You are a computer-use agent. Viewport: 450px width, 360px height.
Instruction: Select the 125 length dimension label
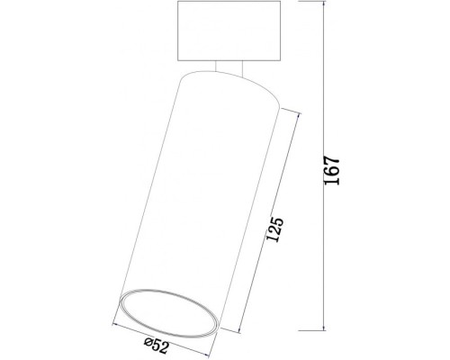[275, 232]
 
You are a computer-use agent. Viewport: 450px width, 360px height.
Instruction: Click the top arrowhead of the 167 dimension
[321, 6]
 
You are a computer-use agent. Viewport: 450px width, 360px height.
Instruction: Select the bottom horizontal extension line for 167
[288, 331]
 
